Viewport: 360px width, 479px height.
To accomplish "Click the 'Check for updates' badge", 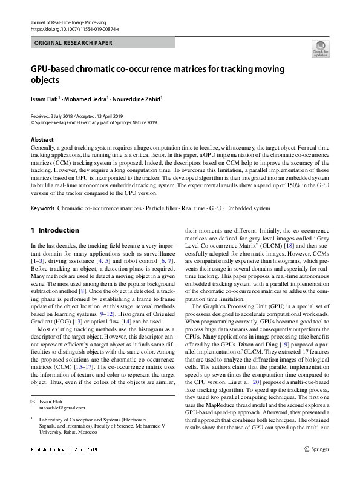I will [319, 48].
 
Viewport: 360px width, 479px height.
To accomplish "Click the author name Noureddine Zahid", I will [139, 99].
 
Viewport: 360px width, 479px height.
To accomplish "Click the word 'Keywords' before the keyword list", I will [42, 208].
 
